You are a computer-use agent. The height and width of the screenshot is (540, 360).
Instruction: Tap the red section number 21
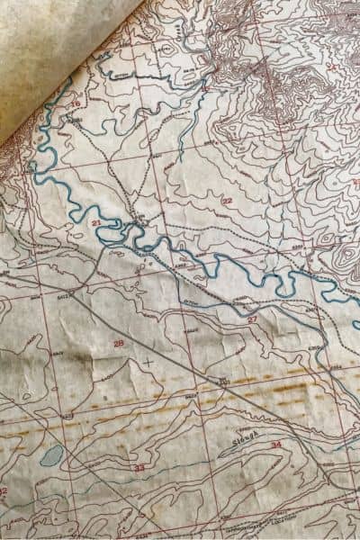click(96, 221)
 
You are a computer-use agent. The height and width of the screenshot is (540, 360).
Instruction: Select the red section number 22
click(227, 201)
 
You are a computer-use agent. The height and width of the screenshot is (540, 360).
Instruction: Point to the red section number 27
click(252, 319)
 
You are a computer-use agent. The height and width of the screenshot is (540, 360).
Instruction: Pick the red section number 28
click(118, 343)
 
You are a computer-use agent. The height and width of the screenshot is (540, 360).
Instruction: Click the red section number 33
click(139, 468)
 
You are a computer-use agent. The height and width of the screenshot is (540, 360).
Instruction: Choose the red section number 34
click(274, 445)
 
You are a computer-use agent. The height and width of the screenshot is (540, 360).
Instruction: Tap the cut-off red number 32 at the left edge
click(4, 491)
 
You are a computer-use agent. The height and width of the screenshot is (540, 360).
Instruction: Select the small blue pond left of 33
click(51, 455)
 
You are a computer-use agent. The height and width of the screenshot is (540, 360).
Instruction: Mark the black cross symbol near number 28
click(148, 362)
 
